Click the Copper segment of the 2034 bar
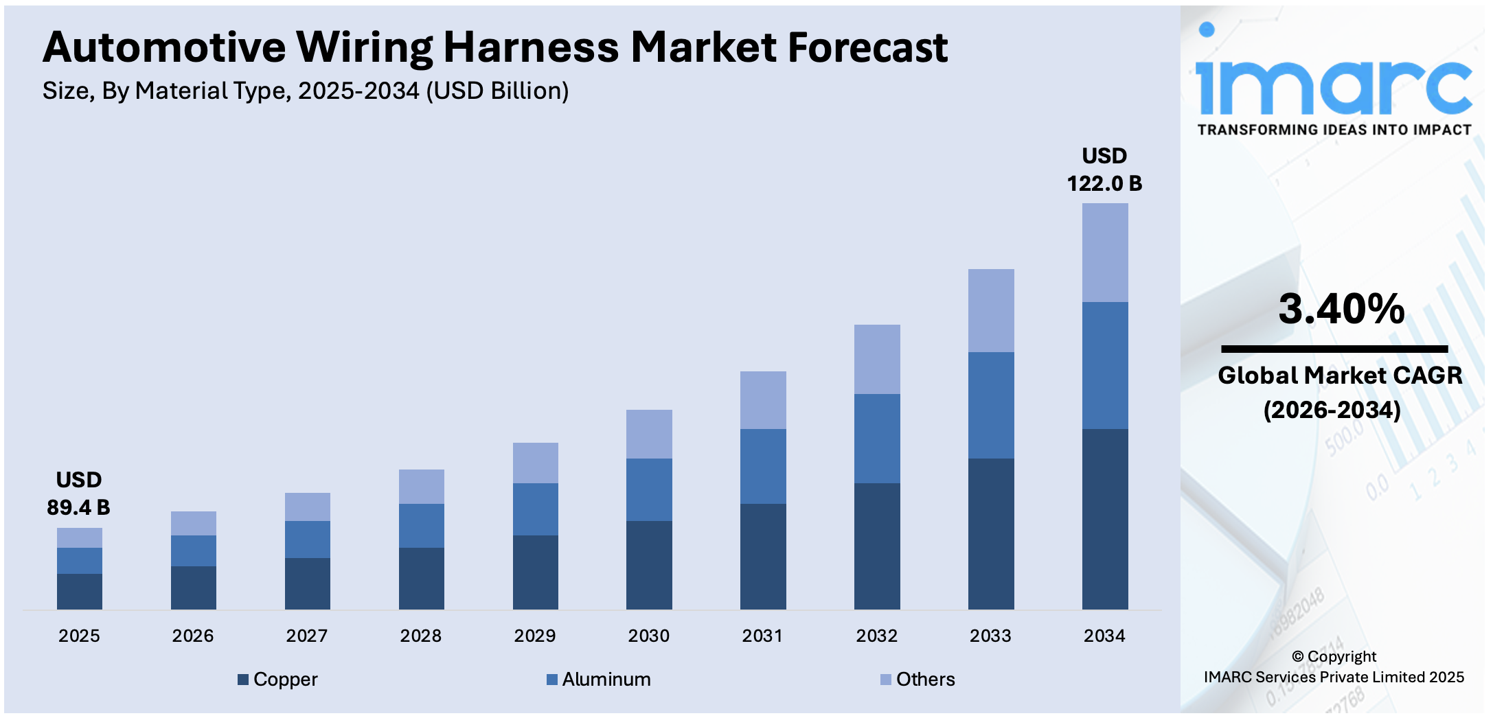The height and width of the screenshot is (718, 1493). click(1104, 519)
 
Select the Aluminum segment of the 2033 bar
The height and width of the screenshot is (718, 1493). click(990, 405)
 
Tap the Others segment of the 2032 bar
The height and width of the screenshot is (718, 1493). click(876, 359)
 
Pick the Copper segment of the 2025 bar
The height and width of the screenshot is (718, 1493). click(79, 591)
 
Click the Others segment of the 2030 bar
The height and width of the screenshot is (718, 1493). click(648, 434)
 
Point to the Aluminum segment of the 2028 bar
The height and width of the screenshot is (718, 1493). click(421, 525)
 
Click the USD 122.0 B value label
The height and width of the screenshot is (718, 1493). click(1104, 170)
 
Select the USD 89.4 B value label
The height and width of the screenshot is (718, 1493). click(78, 494)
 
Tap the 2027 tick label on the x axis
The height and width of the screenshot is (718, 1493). click(306, 636)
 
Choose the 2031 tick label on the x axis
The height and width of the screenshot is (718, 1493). click(762, 636)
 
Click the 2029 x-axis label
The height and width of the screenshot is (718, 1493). click(534, 636)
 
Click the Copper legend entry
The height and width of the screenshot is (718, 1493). click(277, 679)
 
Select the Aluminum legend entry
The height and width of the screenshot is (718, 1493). click(598, 679)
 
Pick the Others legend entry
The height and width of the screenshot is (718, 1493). click(918, 679)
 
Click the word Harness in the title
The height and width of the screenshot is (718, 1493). click(531, 47)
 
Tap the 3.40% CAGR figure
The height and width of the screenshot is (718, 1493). click(1341, 309)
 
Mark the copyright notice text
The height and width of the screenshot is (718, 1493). click(1334, 667)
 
